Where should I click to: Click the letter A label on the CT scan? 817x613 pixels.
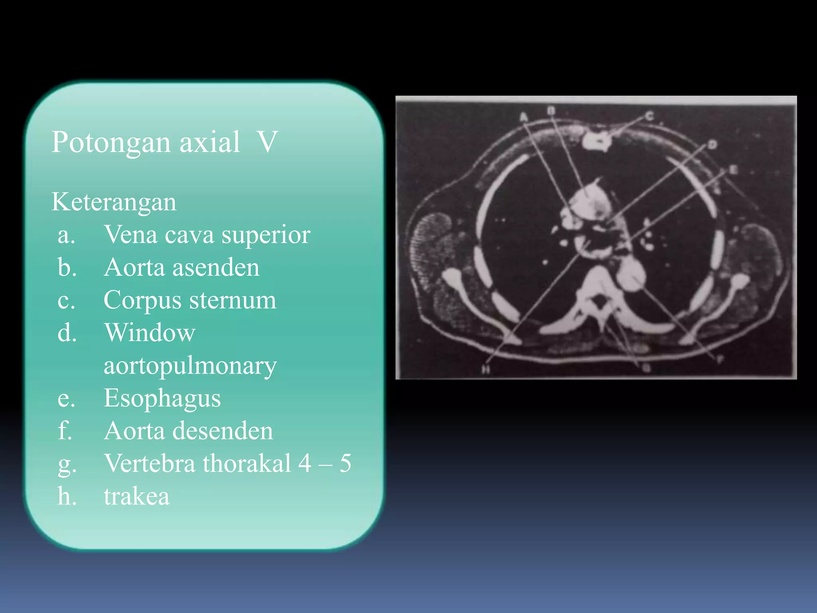click(524, 117)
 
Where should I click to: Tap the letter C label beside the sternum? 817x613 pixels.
click(650, 116)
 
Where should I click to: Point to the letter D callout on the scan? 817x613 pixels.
click(712, 144)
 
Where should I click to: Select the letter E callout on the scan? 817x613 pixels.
click(733, 170)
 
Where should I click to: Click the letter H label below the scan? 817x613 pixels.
click(485, 370)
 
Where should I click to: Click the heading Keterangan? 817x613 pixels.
click(114, 202)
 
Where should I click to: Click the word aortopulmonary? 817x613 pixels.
click(190, 366)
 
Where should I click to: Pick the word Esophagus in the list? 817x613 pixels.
click(162, 398)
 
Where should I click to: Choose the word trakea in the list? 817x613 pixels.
click(136, 496)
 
